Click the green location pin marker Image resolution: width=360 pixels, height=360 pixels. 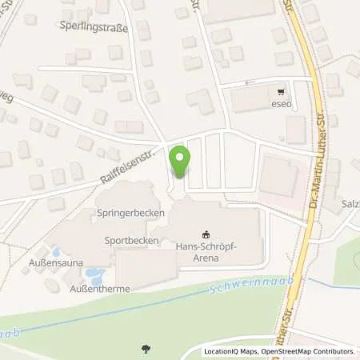(x=180, y=161)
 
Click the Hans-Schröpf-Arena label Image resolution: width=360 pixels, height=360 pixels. (x=208, y=254)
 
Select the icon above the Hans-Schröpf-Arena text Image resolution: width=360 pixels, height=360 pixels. (x=207, y=234)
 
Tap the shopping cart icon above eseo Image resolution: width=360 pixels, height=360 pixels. (x=278, y=90)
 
